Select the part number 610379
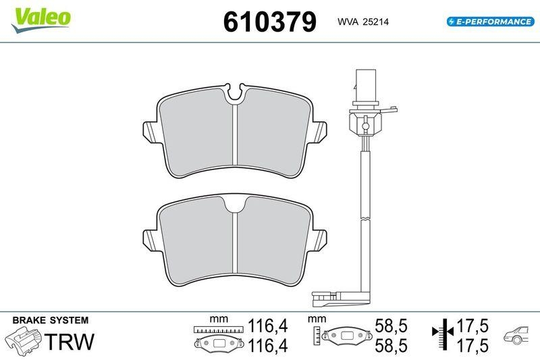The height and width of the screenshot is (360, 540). [269, 22]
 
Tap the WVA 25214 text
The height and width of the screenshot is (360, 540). [362, 22]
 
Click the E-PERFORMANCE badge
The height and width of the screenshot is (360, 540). [490, 22]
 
